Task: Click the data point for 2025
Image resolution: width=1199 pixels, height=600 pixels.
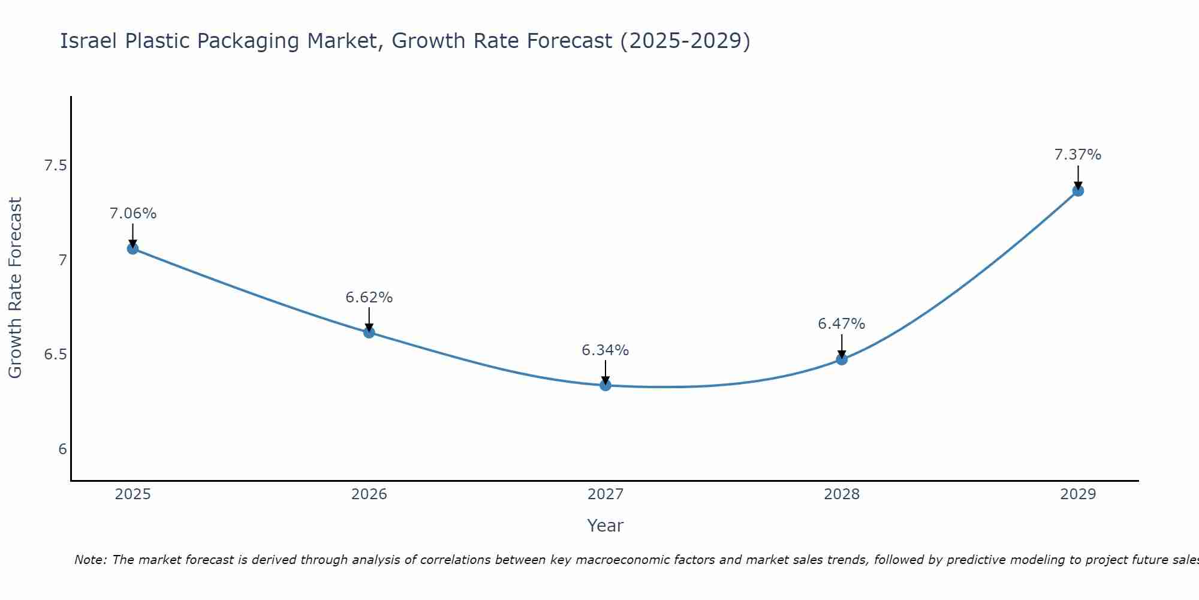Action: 132,248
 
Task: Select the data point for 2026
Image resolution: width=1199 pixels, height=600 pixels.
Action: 369,332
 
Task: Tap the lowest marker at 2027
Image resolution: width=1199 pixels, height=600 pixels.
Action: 605,385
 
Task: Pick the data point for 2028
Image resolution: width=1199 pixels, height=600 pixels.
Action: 842,359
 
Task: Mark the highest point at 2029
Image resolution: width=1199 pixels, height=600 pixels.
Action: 1078,191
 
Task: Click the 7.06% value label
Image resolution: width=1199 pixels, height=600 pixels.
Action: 132,214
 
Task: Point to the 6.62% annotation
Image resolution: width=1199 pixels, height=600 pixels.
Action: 369,298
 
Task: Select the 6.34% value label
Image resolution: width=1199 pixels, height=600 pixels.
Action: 605,350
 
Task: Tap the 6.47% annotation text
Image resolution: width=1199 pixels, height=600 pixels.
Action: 842,324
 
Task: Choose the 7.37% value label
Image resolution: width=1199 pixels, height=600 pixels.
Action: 1078,155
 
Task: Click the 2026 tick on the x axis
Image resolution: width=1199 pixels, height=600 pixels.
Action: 369,494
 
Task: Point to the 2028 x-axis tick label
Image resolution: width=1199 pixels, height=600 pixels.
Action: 842,494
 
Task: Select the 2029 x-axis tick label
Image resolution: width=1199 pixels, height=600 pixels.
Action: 1078,494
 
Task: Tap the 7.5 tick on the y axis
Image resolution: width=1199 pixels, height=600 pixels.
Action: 55,166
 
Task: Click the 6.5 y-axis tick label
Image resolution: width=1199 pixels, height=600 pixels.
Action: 55,355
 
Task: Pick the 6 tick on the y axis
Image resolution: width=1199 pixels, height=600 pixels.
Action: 62,449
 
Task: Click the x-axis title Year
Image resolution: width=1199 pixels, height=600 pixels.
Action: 605,526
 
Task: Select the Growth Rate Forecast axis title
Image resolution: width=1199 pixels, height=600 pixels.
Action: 15,288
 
